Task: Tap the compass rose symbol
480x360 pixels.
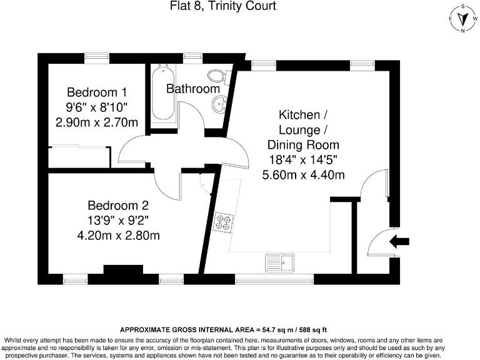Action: [461, 19]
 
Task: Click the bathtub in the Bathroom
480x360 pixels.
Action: [163, 93]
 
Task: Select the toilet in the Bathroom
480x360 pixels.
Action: [216, 77]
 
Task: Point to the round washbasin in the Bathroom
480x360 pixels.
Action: [219, 105]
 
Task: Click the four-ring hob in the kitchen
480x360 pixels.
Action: [223, 222]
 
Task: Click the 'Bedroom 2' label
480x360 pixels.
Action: [118, 205]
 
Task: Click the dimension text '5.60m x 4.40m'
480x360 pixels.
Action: [303, 175]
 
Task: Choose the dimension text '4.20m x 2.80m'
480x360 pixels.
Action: [118, 236]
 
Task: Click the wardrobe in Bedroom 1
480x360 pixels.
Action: [79, 157]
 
